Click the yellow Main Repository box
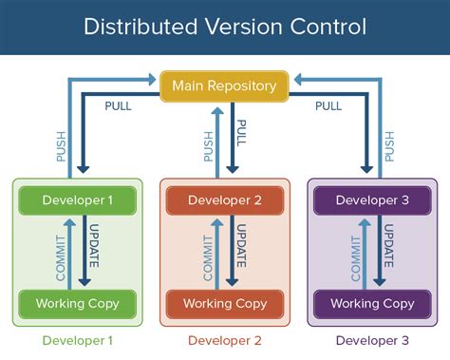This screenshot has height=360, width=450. point(224,86)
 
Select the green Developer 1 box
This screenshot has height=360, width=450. point(77,199)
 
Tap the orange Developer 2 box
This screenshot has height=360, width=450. point(224,199)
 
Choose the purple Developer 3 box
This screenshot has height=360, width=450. point(372,199)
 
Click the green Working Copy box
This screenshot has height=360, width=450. point(77,304)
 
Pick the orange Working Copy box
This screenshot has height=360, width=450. point(224,304)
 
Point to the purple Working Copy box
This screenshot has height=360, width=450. point(372,304)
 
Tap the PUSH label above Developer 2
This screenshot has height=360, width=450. point(208,143)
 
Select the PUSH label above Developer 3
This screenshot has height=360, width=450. point(389,143)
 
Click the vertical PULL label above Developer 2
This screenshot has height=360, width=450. point(241,139)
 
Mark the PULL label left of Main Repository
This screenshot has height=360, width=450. point(119,106)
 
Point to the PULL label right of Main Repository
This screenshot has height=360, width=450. point(328,106)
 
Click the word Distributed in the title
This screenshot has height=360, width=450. point(139,26)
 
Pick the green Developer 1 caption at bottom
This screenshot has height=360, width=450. point(77,340)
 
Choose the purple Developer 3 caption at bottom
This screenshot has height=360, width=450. point(372,340)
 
